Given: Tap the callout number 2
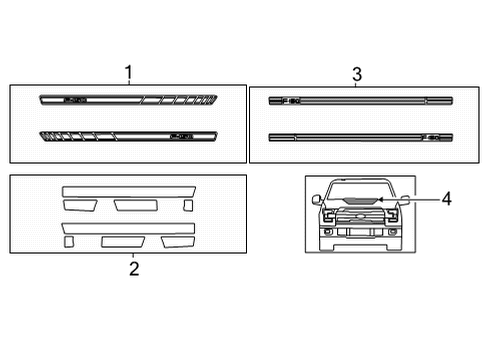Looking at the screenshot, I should pyautogui.click(x=134, y=267).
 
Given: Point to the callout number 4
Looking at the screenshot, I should pyautogui.click(x=446, y=199).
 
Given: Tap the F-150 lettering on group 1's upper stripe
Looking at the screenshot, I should pyautogui.click(x=76, y=100).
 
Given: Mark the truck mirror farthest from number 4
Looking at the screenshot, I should pyautogui.click(x=317, y=199).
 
